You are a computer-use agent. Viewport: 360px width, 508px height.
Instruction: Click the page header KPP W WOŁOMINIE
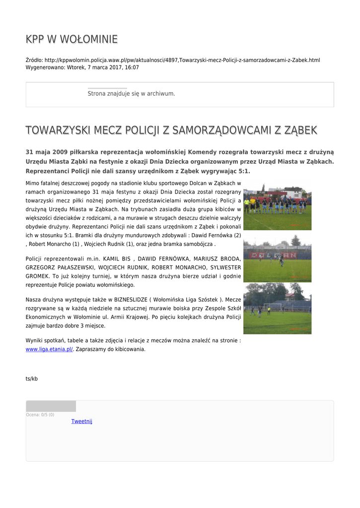click(x=72, y=39)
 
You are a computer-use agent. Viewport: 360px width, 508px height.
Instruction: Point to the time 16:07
click(x=132, y=67)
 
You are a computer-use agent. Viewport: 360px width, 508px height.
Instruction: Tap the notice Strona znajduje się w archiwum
click(x=131, y=93)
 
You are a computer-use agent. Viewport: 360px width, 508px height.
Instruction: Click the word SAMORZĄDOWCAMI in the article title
click(x=217, y=130)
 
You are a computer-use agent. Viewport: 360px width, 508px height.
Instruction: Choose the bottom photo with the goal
click(x=277, y=308)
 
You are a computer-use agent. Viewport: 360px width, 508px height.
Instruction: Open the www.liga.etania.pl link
click(x=49, y=349)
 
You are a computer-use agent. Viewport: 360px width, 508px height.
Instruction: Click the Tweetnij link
click(x=81, y=421)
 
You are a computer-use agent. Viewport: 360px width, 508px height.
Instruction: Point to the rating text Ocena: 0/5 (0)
click(x=40, y=415)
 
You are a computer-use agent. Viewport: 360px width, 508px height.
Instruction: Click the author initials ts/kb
click(x=31, y=379)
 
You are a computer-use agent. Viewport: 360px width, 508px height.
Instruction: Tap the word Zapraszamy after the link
click(x=93, y=349)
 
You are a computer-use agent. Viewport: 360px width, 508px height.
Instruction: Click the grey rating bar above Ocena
click(x=51, y=406)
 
